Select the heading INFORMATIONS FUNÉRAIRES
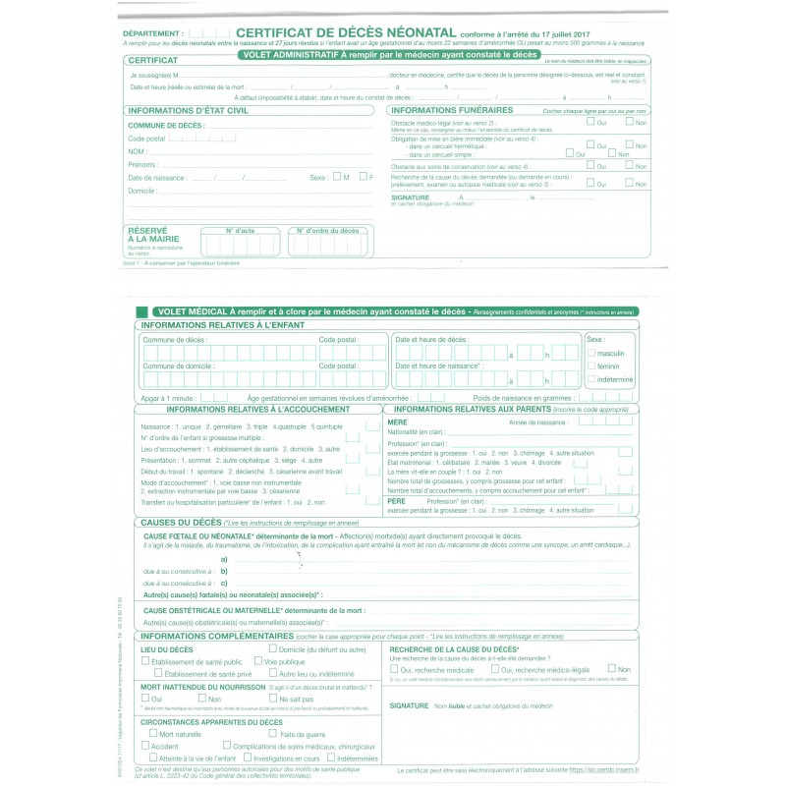pos(452,110)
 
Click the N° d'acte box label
pos(240,230)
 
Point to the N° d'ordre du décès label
pos(328,230)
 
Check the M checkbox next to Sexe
pos(336,177)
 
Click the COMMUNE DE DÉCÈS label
pos(165,126)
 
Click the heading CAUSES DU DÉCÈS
pos(182,522)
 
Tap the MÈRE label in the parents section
pos(397,421)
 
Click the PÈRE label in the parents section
pos(396,500)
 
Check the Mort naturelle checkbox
pos(153,733)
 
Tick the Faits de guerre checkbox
pos(273,733)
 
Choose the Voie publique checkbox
pos(259,662)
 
